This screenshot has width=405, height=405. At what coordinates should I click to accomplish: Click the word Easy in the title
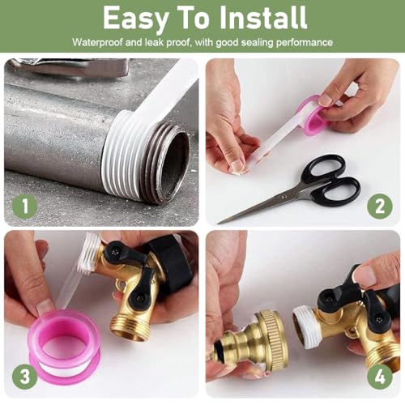pos(135,19)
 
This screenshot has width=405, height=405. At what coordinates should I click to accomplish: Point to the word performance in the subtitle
pos(305,43)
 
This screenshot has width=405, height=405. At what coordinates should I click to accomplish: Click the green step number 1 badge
pos(25,207)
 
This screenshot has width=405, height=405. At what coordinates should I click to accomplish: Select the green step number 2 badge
pos(380,207)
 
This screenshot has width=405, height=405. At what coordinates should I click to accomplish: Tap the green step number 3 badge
pos(25,377)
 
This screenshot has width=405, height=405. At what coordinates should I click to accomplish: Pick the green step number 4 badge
pos(380,376)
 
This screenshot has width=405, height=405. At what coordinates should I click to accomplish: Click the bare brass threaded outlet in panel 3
pos(127,326)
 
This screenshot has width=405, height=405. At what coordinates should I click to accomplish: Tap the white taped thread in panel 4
pos(306,326)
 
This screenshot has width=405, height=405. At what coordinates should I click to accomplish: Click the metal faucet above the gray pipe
pos(67,67)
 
